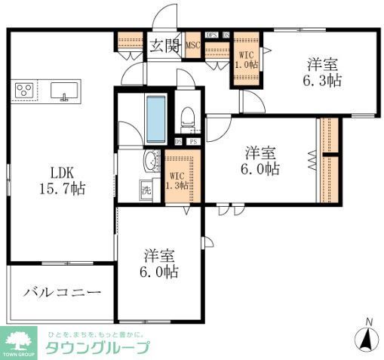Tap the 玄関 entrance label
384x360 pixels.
point(160,45)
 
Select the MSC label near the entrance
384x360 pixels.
point(193,45)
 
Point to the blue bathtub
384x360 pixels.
point(155,118)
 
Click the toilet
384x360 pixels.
point(189,118)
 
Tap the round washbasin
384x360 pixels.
point(150,160)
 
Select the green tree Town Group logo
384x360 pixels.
point(20,341)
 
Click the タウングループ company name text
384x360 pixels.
point(97,348)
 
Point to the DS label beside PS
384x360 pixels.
point(179,141)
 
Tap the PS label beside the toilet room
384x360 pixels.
point(193,141)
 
